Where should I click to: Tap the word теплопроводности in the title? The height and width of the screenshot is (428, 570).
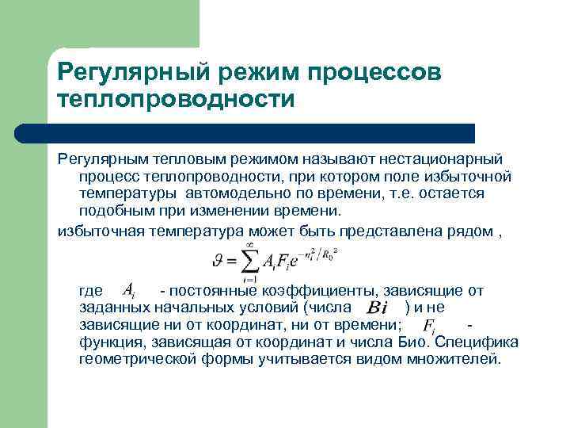(x=176, y=100)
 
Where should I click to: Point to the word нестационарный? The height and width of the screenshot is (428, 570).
(x=443, y=159)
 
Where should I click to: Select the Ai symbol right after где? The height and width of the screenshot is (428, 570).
(x=134, y=292)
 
